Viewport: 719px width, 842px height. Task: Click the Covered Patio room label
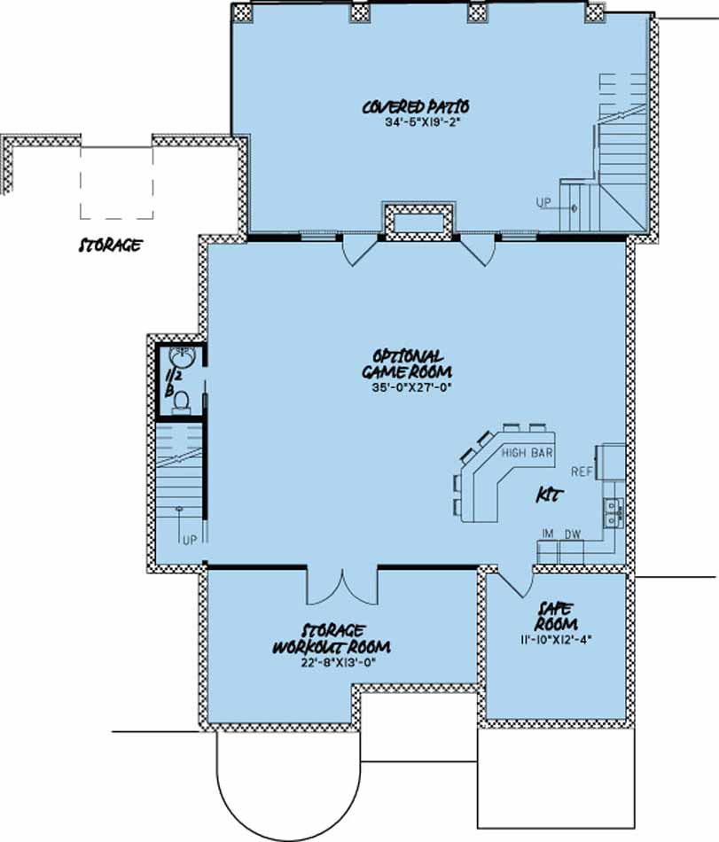pos(416,106)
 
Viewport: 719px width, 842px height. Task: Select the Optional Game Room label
pos(408,364)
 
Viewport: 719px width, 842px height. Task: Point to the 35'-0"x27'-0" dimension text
pos(410,387)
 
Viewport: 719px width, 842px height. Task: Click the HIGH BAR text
pos(527,453)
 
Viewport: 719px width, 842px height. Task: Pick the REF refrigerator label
pos(582,472)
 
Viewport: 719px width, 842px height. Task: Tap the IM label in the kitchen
pos(548,534)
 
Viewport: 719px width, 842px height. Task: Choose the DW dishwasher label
pos(573,534)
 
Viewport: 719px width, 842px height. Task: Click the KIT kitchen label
pos(550,495)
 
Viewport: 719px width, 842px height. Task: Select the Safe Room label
pos(556,617)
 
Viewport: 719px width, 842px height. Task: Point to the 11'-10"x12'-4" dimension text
pos(556,640)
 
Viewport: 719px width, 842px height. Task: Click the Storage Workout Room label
pos(332,639)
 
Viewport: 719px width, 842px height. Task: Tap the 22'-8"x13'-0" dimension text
pos(337,662)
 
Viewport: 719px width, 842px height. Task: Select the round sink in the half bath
pos(182,356)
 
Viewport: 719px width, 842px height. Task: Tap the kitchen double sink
pos(613,511)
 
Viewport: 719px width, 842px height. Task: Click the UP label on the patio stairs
pos(543,203)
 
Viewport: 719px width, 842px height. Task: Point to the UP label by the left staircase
pos(190,541)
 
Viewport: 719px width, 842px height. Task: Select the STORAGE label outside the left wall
pos(110,246)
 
